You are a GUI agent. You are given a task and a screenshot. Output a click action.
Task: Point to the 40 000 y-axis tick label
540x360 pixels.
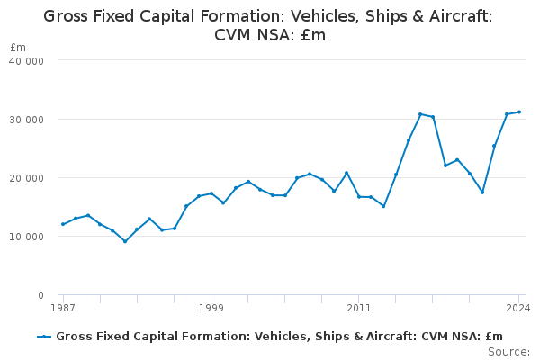tap(28, 60)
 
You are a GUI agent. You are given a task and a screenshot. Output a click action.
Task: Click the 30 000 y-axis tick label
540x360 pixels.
tap(28, 119)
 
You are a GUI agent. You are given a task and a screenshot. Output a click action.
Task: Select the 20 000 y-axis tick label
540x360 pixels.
tap(28, 177)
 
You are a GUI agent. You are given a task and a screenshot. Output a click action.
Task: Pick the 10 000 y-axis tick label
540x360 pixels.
tap(28, 237)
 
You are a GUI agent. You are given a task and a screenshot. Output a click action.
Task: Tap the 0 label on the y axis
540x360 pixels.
tap(40, 295)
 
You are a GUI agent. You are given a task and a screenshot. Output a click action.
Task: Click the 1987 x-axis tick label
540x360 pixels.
tap(63, 308)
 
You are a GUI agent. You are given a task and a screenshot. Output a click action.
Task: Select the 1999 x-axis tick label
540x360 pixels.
tap(211, 308)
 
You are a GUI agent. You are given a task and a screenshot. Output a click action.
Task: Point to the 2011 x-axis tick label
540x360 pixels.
tap(359, 308)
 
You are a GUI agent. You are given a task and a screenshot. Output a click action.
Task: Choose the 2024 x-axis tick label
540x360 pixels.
tap(518, 308)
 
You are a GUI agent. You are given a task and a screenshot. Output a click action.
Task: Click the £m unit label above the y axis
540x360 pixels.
tap(18, 47)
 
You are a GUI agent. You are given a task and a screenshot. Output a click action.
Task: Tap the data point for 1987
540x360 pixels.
tap(63, 224)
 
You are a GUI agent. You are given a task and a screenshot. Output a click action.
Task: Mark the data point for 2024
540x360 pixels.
tap(519, 112)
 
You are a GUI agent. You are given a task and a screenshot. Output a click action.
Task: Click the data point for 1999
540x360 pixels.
tap(211, 193)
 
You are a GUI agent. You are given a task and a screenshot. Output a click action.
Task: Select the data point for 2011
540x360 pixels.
tap(359, 196)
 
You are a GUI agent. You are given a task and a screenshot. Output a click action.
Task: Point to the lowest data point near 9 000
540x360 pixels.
tap(125, 241)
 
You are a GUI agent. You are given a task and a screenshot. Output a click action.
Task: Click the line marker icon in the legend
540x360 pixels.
tap(43, 337)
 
